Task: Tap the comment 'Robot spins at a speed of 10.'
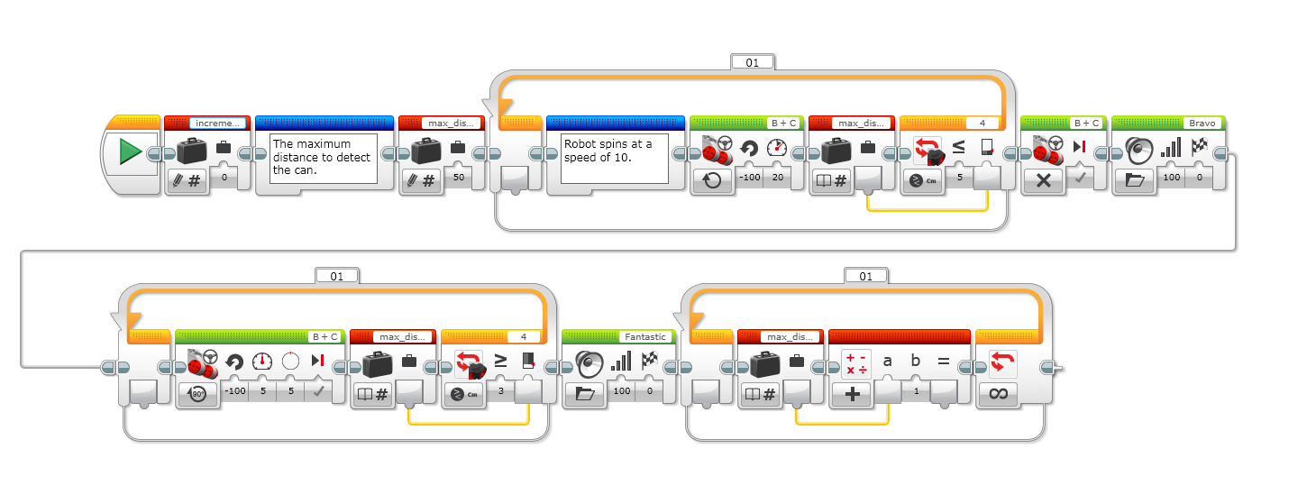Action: click(614, 159)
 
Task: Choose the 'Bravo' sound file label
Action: click(1193, 124)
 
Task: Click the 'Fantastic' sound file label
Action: click(644, 337)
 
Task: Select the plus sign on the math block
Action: click(852, 393)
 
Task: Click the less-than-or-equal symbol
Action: click(958, 147)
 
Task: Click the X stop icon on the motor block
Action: click(1043, 179)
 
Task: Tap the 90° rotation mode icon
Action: click(197, 393)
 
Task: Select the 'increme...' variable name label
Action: click(216, 124)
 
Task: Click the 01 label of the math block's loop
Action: click(865, 276)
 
